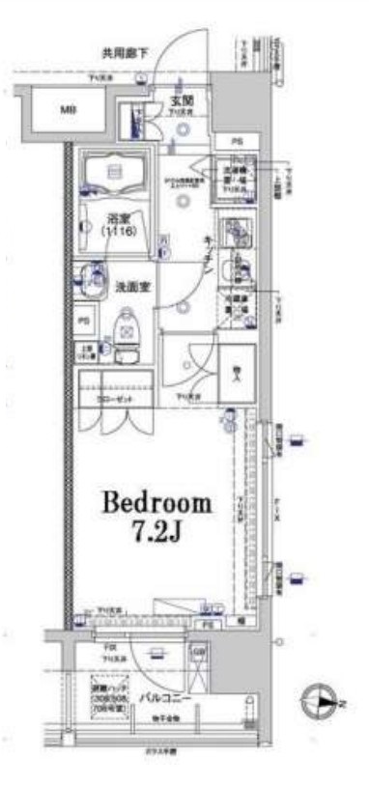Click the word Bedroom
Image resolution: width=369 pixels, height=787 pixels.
[156, 503]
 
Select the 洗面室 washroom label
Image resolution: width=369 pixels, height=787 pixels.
[132, 286]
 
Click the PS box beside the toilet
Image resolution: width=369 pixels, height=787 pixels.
[84, 321]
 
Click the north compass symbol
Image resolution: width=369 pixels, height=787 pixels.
[320, 702]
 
